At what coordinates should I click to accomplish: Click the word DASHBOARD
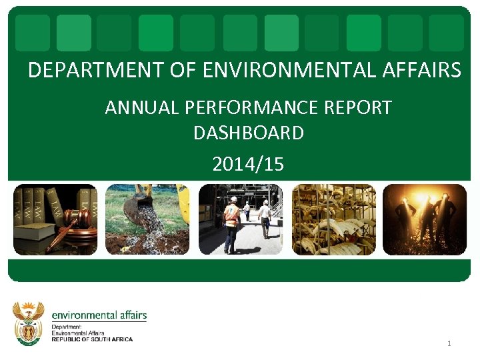[249, 133]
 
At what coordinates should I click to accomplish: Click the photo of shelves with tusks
[333, 219]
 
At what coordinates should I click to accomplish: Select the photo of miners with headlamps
[425, 219]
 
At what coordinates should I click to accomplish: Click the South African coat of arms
[29, 323]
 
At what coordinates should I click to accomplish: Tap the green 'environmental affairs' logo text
[99, 315]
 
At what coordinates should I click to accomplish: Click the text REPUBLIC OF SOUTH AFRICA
[92, 339]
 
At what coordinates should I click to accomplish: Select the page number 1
[449, 343]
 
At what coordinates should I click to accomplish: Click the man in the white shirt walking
[265, 217]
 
